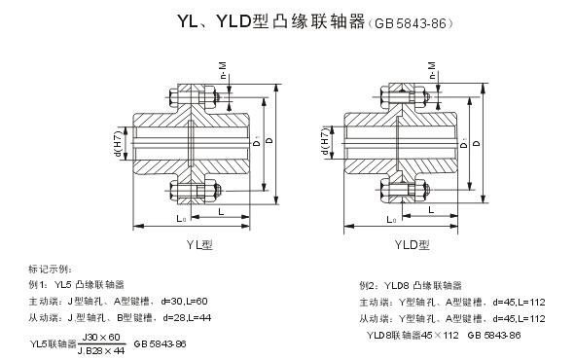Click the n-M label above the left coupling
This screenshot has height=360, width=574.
click(223, 71)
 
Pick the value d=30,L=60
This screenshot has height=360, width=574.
click(184, 301)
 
